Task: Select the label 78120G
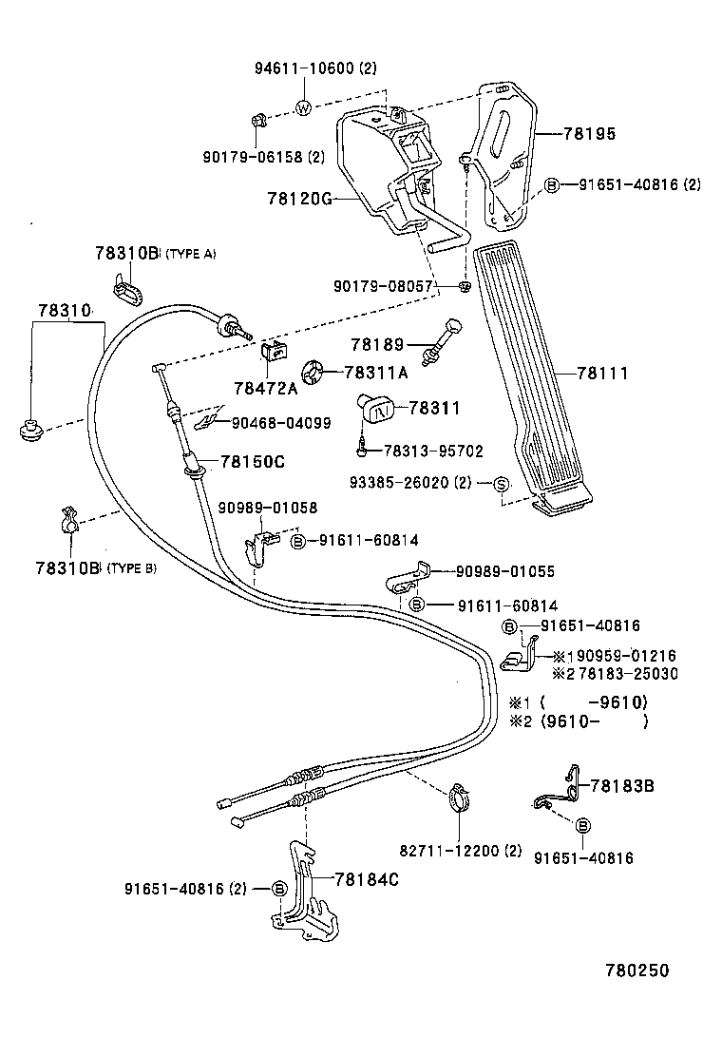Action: click(x=299, y=200)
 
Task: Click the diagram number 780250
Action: click(x=637, y=971)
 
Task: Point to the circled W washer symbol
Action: click(x=303, y=107)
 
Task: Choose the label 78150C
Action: click(x=253, y=461)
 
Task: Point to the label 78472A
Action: click(x=265, y=388)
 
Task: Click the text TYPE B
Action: click(x=131, y=568)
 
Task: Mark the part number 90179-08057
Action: click(x=383, y=285)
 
